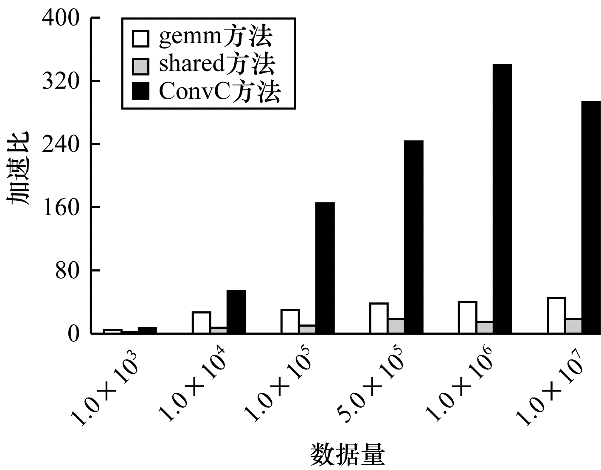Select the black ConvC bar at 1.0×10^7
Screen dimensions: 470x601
point(591,217)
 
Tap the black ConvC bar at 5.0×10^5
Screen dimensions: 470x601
point(413,237)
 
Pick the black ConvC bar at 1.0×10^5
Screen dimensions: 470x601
point(325,268)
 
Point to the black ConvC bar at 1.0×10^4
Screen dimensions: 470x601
point(236,311)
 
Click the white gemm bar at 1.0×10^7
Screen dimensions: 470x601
point(556,315)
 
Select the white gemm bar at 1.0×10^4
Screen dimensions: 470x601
point(201,322)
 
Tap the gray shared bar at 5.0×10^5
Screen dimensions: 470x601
point(396,325)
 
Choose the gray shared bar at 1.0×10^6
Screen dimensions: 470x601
point(485,327)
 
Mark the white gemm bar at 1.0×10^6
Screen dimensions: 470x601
point(467,317)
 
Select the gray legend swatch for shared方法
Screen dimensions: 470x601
point(140,66)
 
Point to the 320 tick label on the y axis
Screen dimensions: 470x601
point(61,81)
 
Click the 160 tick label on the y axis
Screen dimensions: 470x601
point(61,207)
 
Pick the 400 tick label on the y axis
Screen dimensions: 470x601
point(61,18)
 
